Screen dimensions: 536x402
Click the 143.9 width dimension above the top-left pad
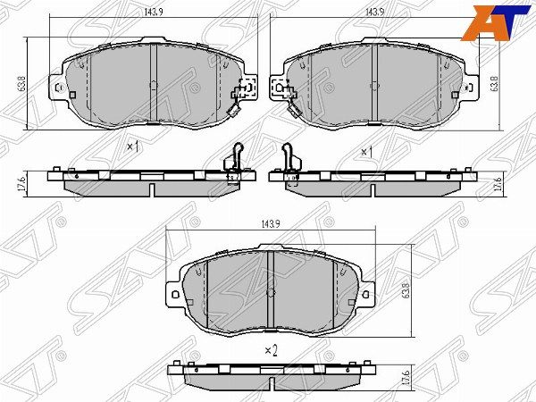(154, 12)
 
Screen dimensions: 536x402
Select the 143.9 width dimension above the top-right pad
(374, 12)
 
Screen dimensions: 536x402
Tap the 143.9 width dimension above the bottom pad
(271, 224)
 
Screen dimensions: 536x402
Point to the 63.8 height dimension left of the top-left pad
(22, 83)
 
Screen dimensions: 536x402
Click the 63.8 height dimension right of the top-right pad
(494, 83)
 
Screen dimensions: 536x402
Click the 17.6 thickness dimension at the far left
(21, 183)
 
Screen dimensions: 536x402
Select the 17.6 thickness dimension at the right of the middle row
(498, 183)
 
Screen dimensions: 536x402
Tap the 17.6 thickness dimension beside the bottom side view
(406, 377)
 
